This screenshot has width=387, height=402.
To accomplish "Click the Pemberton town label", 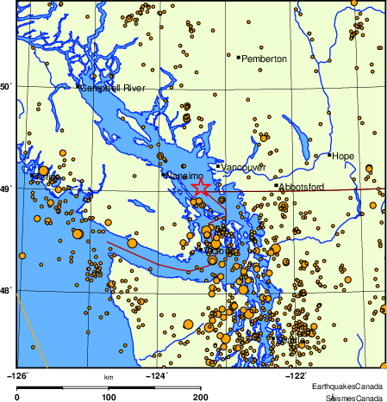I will (x=264, y=59).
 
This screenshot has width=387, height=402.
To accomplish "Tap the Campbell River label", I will (x=114, y=89).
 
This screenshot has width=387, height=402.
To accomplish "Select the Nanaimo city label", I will (x=184, y=176).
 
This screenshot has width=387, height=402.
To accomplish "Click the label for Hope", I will (x=343, y=156).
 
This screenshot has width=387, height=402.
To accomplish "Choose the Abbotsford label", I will (x=301, y=185).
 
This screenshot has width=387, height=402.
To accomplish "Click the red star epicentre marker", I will (x=200, y=187).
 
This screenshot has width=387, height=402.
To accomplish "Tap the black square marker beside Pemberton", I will (x=238, y=58).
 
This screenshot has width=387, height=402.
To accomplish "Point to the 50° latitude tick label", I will (x=6, y=86).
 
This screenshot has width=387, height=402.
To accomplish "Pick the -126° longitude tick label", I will (x=18, y=374).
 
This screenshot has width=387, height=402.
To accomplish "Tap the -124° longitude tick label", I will (x=158, y=374).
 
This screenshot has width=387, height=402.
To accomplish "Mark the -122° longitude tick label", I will (x=297, y=374).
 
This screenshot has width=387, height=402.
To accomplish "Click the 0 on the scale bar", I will (x=18, y=397).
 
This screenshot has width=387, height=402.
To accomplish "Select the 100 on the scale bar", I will (x=109, y=397).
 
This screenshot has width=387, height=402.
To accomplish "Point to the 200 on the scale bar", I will (x=201, y=397).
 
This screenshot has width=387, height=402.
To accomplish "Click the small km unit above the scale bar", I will (x=109, y=378).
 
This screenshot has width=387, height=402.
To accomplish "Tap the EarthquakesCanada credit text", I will (x=348, y=386).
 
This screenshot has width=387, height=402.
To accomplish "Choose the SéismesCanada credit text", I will (x=353, y=397).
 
